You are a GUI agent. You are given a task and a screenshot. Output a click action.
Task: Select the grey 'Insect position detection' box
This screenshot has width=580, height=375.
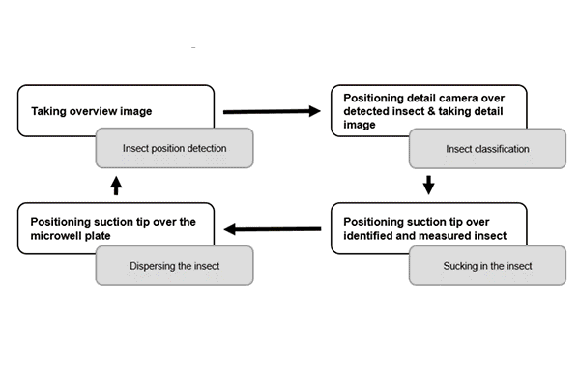coord(174,149)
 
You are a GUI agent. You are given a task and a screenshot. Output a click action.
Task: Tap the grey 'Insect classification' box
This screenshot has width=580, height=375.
coord(487,149)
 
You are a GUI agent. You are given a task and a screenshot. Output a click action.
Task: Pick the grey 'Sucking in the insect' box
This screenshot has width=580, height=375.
coord(487,265)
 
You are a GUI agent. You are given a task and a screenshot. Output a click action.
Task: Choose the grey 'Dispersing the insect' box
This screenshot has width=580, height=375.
coord(174,265)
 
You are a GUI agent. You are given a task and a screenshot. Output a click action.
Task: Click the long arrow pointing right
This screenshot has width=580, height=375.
coord(271,112)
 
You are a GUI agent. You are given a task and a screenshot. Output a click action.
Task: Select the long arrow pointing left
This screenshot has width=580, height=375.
coord(273,229)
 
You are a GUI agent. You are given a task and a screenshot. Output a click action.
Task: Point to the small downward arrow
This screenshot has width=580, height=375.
coord(429,184)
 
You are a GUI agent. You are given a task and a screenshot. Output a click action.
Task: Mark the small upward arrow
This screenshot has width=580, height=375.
coord(116,184)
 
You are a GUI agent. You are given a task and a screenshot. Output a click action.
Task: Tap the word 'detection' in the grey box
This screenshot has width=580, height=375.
coord(206,150)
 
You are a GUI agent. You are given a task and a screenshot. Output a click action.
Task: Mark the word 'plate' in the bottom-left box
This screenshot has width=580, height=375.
coord(115,236)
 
